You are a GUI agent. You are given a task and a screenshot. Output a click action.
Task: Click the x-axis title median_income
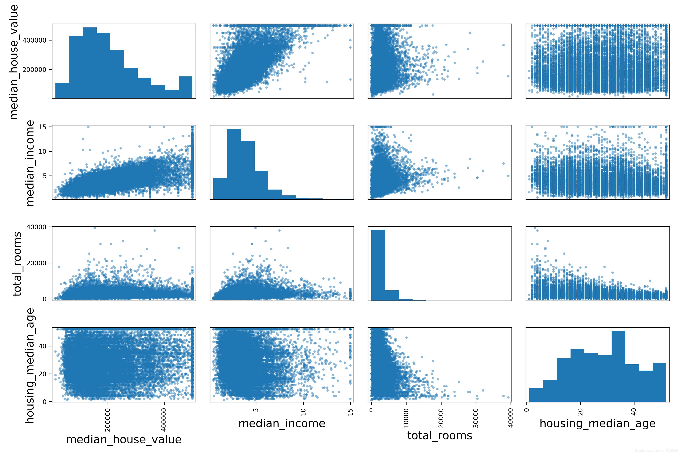click(x=282, y=423)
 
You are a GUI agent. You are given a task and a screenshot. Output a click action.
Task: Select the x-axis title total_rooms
click(x=439, y=435)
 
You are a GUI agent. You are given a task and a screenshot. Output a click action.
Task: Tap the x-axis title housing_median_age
click(x=598, y=423)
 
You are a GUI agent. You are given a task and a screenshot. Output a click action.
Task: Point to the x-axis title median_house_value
click(x=124, y=439)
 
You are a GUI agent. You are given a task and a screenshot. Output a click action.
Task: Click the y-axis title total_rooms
click(x=17, y=264)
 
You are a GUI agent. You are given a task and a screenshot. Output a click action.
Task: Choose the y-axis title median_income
click(x=30, y=163)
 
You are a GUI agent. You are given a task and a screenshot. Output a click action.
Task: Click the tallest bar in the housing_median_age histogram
click(x=618, y=366)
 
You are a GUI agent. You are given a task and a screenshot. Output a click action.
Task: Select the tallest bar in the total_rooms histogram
click(x=378, y=265)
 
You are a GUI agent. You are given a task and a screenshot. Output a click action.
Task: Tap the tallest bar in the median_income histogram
click(x=234, y=164)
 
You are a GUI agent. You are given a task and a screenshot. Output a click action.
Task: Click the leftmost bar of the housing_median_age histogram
click(x=536, y=394)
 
